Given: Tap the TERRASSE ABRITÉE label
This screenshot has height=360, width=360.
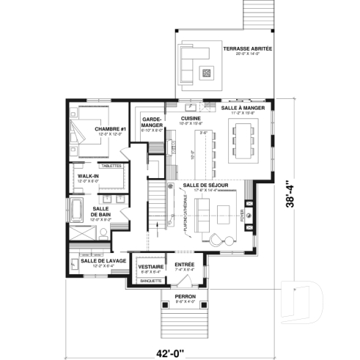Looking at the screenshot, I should pos(247,49).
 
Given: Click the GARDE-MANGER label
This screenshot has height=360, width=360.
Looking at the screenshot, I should pos(152,121).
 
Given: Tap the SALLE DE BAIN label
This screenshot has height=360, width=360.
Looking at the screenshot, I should pos(100,211).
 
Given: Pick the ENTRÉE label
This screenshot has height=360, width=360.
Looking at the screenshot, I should pos(184,264).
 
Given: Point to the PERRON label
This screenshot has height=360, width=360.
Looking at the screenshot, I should pos(185,296).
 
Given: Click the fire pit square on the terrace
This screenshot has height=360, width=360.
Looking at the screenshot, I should pos(207,72).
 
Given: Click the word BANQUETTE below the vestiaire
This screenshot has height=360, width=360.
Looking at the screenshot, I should pos(150,281).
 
